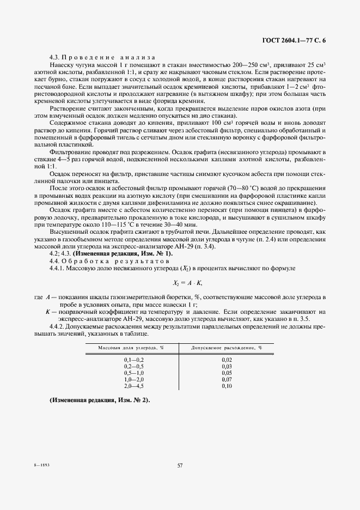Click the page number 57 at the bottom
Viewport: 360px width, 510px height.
point(180,465)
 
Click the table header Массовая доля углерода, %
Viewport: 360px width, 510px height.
point(131,347)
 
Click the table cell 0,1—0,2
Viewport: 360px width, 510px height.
point(132,360)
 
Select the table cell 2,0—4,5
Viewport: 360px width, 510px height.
point(132,385)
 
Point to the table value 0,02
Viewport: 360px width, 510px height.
point(227,360)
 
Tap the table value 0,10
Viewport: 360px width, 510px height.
point(227,385)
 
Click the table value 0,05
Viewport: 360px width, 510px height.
point(227,373)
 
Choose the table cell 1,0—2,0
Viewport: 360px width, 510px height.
point(132,379)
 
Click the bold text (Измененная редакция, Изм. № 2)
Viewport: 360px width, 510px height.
point(99,400)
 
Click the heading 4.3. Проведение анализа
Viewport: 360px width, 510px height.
point(102,57)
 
